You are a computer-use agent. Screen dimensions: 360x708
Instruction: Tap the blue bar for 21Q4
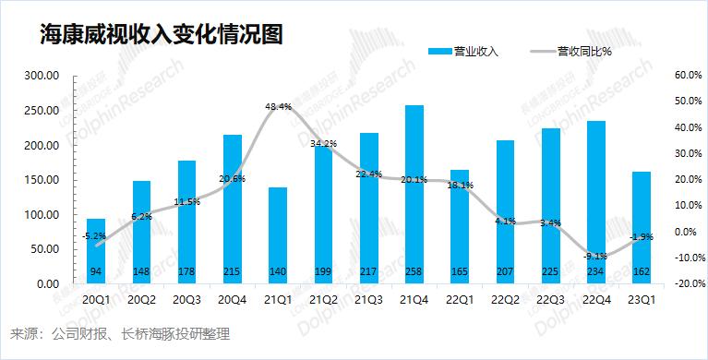pos(414,194)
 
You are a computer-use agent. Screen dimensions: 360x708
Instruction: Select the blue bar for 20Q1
pos(96,251)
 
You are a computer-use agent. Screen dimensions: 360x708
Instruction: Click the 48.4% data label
pos(278,107)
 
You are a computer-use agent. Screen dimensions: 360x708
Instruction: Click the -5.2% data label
pos(93,236)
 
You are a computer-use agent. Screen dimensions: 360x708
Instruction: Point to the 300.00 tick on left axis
pos(41,76)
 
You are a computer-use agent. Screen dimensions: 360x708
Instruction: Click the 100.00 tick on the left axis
pos(41,215)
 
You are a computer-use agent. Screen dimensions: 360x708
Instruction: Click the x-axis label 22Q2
pos(504,300)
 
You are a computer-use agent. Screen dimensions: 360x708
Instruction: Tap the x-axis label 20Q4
pos(233,300)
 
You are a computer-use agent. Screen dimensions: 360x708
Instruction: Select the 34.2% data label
pos(323,144)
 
